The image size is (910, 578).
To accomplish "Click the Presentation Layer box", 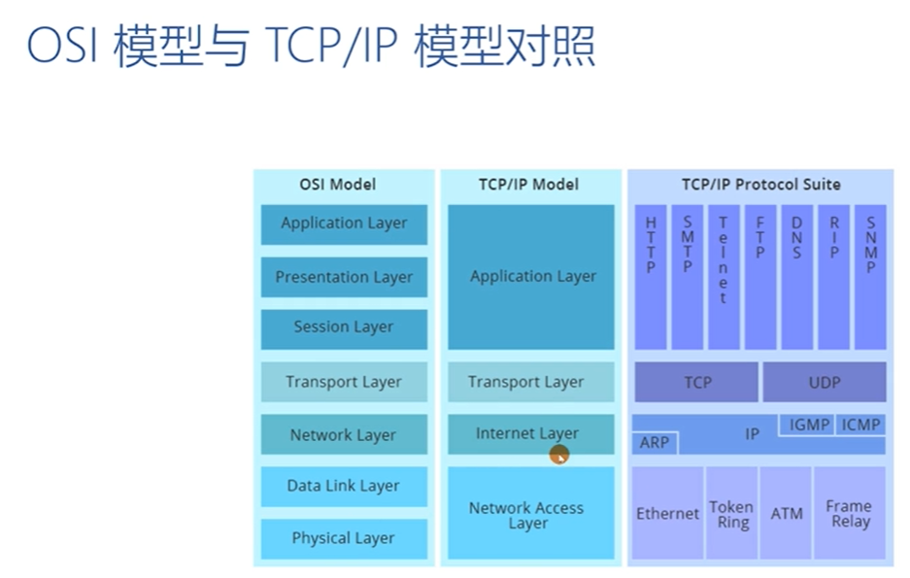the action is (x=344, y=277).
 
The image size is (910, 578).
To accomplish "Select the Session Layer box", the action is (x=344, y=328).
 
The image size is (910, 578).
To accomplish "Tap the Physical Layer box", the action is (x=344, y=538).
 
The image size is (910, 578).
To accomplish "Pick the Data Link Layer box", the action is (x=344, y=486).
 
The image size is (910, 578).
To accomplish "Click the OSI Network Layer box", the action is (x=344, y=434).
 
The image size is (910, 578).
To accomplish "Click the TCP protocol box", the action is (x=696, y=382).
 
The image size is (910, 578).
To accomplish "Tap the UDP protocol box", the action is (x=824, y=382).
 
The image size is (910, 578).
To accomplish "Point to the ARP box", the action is (x=656, y=443).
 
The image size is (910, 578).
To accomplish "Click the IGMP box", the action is (x=808, y=425).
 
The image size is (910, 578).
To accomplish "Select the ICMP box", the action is (x=861, y=425).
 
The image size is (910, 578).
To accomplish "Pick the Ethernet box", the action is (x=667, y=513).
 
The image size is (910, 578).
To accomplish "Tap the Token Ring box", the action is (x=730, y=513).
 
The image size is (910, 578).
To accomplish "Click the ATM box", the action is (x=786, y=513).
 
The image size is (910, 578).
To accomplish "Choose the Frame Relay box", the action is (x=849, y=513).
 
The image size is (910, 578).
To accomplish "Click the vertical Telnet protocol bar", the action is (x=724, y=276).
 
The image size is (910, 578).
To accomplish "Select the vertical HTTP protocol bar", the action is (x=651, y=276).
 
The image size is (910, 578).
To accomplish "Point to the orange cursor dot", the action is (x=558, y=454).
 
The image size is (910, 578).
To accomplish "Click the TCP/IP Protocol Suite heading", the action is (x=759, y=184).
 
